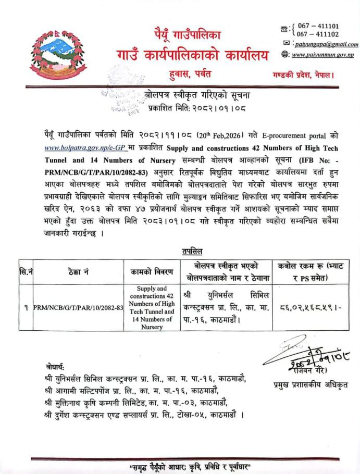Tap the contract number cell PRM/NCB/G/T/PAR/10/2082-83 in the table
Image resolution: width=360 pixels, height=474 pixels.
click(78, 307)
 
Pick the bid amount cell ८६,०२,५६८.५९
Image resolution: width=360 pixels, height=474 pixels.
click(314, 307)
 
